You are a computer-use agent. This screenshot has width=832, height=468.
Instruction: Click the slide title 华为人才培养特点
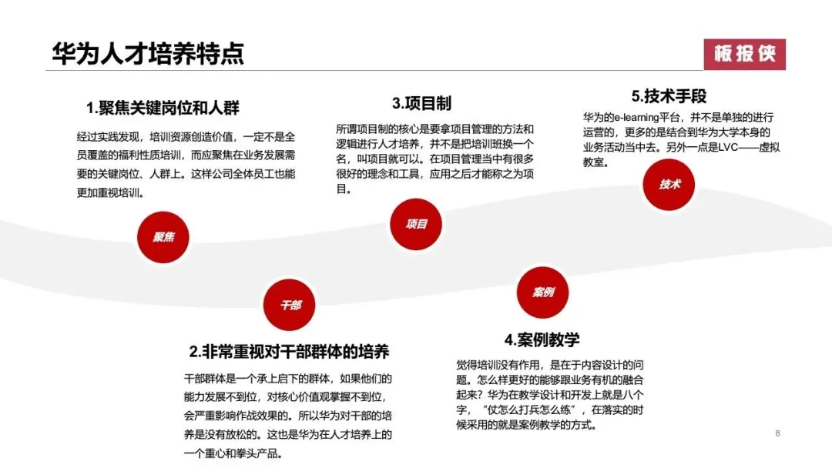[x=147, y=54]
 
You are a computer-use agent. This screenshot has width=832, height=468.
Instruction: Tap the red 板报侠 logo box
[x=744, y=54]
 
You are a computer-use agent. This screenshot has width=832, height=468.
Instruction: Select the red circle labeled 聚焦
[x=163, y=237]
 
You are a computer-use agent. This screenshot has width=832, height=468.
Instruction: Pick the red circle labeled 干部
[x=290, y=305]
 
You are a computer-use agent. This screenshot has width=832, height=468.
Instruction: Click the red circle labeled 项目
[x=416, y=224]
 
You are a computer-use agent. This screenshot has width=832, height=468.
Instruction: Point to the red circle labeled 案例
[x=543, y=292]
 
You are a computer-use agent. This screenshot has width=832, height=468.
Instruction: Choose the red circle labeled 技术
[x=669, y=184]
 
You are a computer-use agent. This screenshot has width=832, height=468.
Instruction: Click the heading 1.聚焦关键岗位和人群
[x=163, y=108]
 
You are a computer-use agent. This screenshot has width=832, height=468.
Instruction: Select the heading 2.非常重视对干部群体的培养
[x=289, y=352]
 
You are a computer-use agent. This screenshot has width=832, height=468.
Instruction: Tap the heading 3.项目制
[x=422, y=103]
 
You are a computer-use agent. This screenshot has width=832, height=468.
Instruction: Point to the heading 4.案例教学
[x=542, y=339]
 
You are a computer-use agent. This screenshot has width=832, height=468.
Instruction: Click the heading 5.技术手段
[x=669, y=96]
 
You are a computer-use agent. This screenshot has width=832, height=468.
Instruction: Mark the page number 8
[x=778, y=433]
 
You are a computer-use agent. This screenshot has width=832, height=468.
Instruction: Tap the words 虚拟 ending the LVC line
[x=770, y=147]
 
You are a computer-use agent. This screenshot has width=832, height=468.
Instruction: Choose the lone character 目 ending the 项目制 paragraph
[x=341, y=189]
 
